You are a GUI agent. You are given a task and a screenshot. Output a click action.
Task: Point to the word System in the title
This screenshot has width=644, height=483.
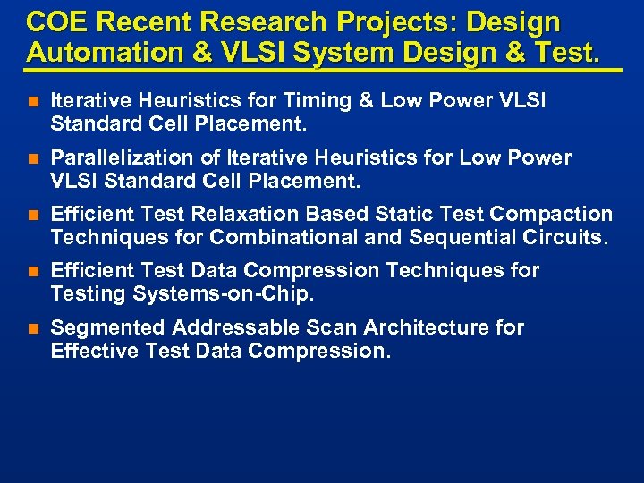coord(346,52)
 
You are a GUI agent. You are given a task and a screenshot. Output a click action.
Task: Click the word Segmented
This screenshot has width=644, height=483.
coord(108,327)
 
